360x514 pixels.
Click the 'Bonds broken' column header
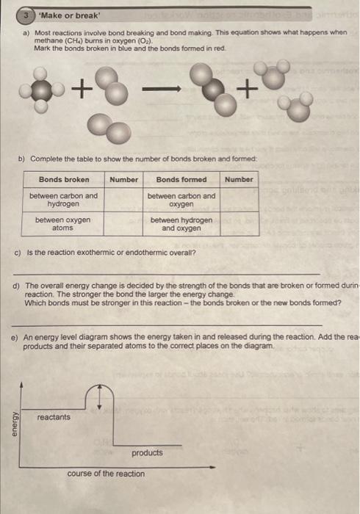[x=64, y=179]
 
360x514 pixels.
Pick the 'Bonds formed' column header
[x=181, y=179]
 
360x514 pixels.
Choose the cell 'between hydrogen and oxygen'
[x=181, y=224]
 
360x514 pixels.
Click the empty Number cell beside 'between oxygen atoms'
[x=123, y=224]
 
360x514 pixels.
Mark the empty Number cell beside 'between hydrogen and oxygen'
[x=239, y=224]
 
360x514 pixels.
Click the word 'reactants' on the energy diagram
[x=54, y=417]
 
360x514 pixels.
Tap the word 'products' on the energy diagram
[x=147, y=453]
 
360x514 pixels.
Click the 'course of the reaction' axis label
[x=106, y=474]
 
